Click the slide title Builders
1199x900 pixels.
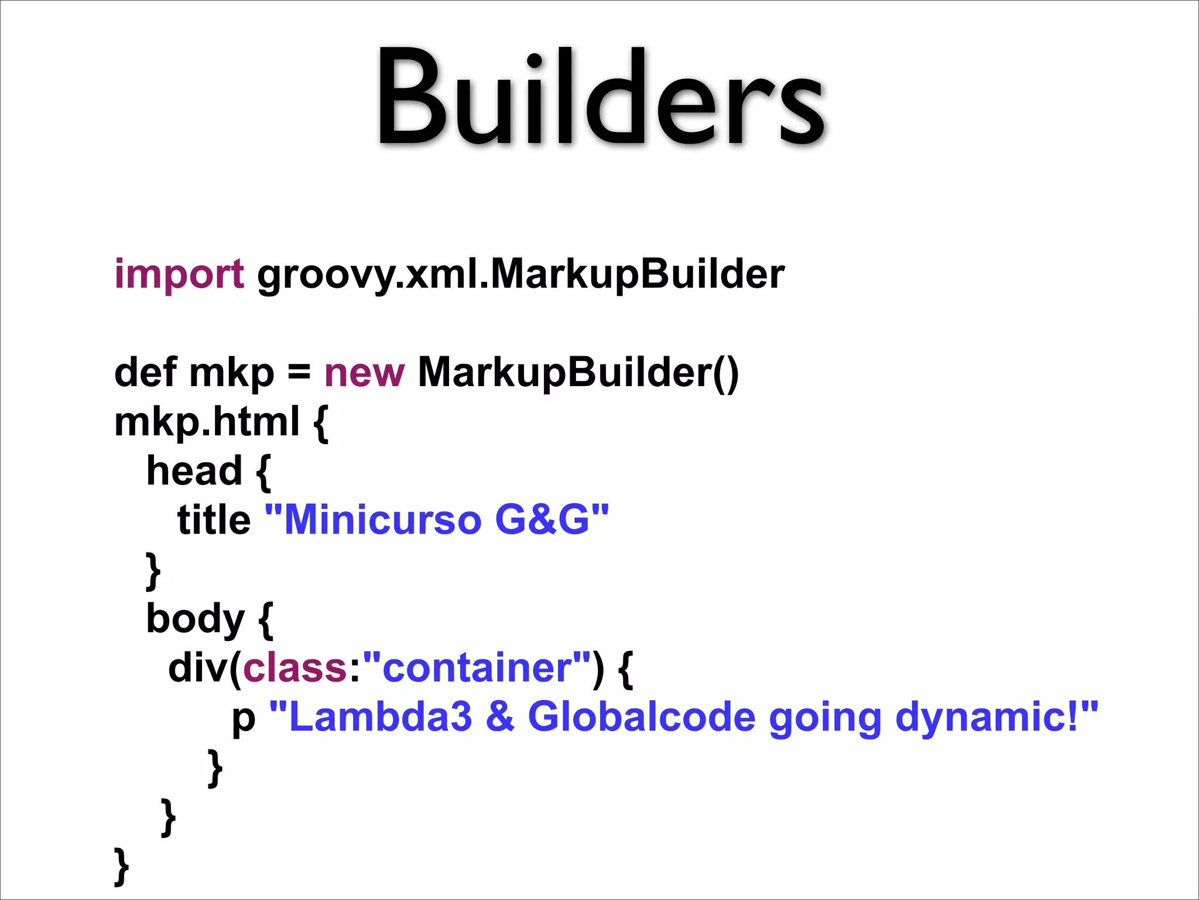click(x=599, y=97)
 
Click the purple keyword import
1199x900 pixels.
click(x=179, y=274)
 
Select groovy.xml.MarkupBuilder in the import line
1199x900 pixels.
click(x=520, y=274)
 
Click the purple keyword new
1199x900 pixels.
click(x=364, y=373)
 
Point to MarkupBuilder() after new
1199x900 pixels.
click(x=578, y=373)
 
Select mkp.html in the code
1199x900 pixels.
click(x=207, y=422)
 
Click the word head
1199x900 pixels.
click(x=194, y=471)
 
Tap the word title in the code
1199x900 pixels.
click(x=214, y=520)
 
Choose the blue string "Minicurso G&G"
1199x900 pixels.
click(x=437, y=520)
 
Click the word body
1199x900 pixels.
click(x=195, y=619)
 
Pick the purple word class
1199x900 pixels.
click(x=295, y=668)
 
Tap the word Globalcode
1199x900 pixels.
click(x=642, y=717)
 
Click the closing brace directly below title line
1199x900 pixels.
click(x=153, y=570)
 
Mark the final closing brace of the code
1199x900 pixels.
click(x=121, y=865)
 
